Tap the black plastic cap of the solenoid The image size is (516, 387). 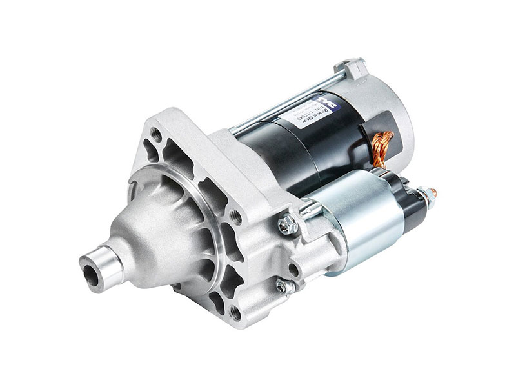(409, 206)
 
